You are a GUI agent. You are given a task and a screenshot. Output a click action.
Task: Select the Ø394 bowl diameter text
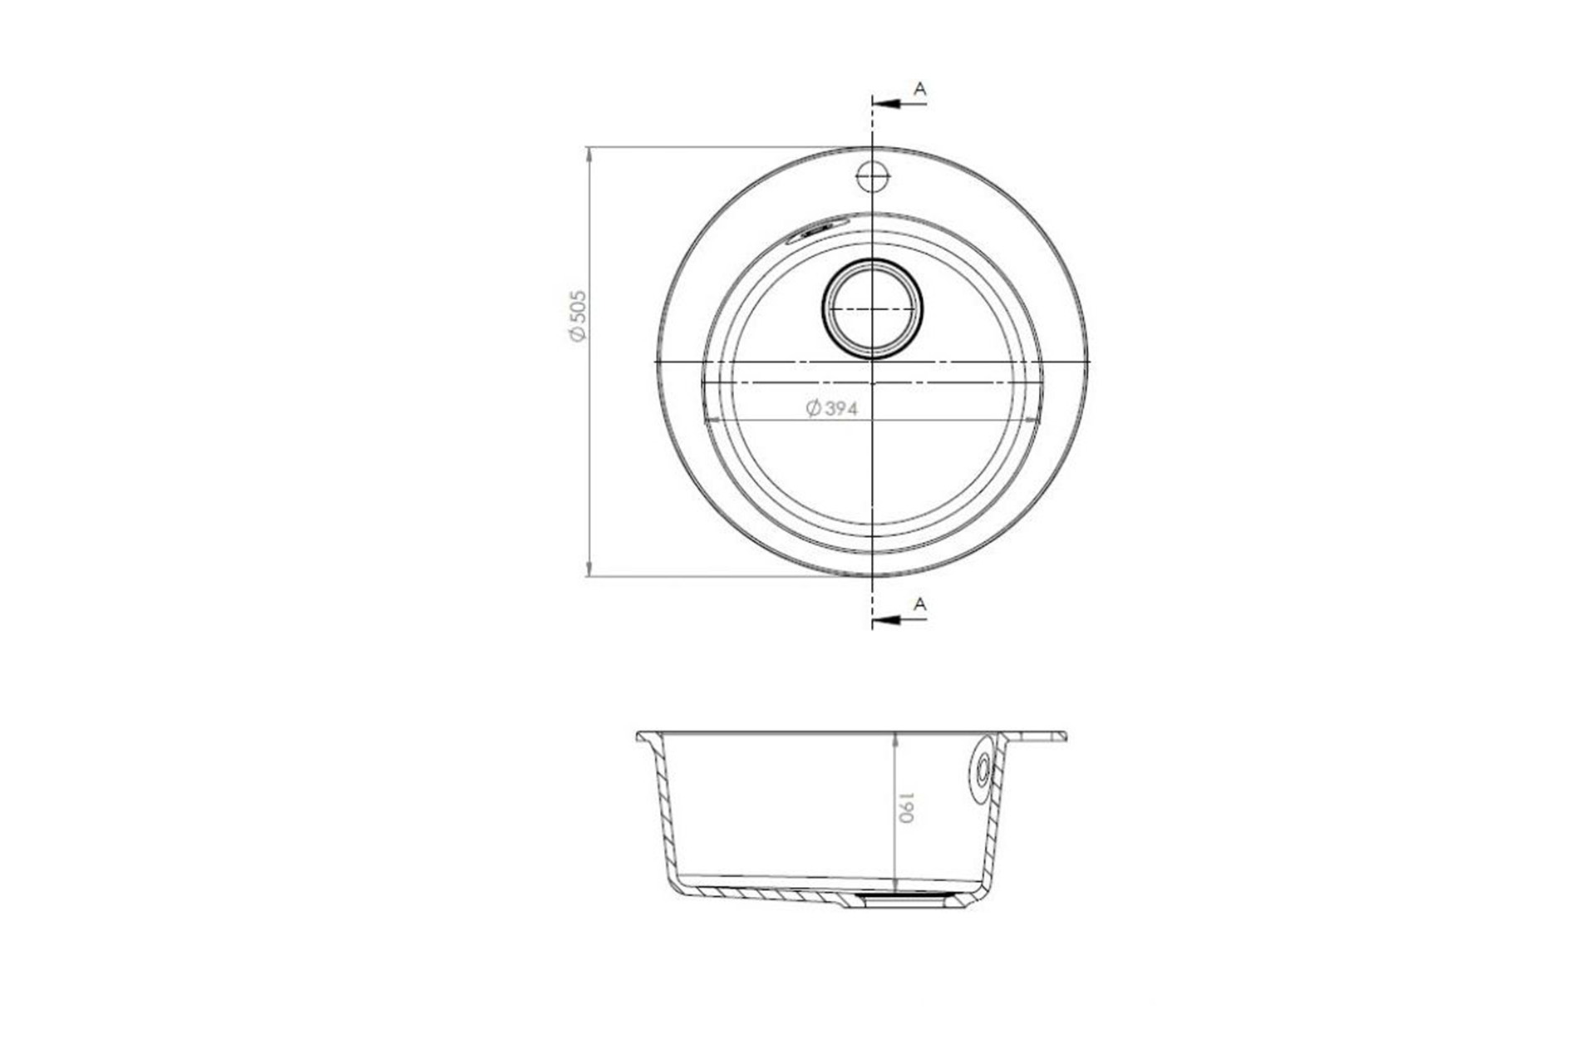[831, 408]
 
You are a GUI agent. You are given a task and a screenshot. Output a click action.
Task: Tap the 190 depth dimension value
[906, 807]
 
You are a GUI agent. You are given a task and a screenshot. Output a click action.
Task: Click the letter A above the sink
[919, 89]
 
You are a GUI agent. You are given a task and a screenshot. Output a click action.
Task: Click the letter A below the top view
[919, 604]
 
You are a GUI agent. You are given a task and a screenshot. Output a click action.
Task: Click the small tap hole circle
[873, 175]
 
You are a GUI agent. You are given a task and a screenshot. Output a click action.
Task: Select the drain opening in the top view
[872, 308]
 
